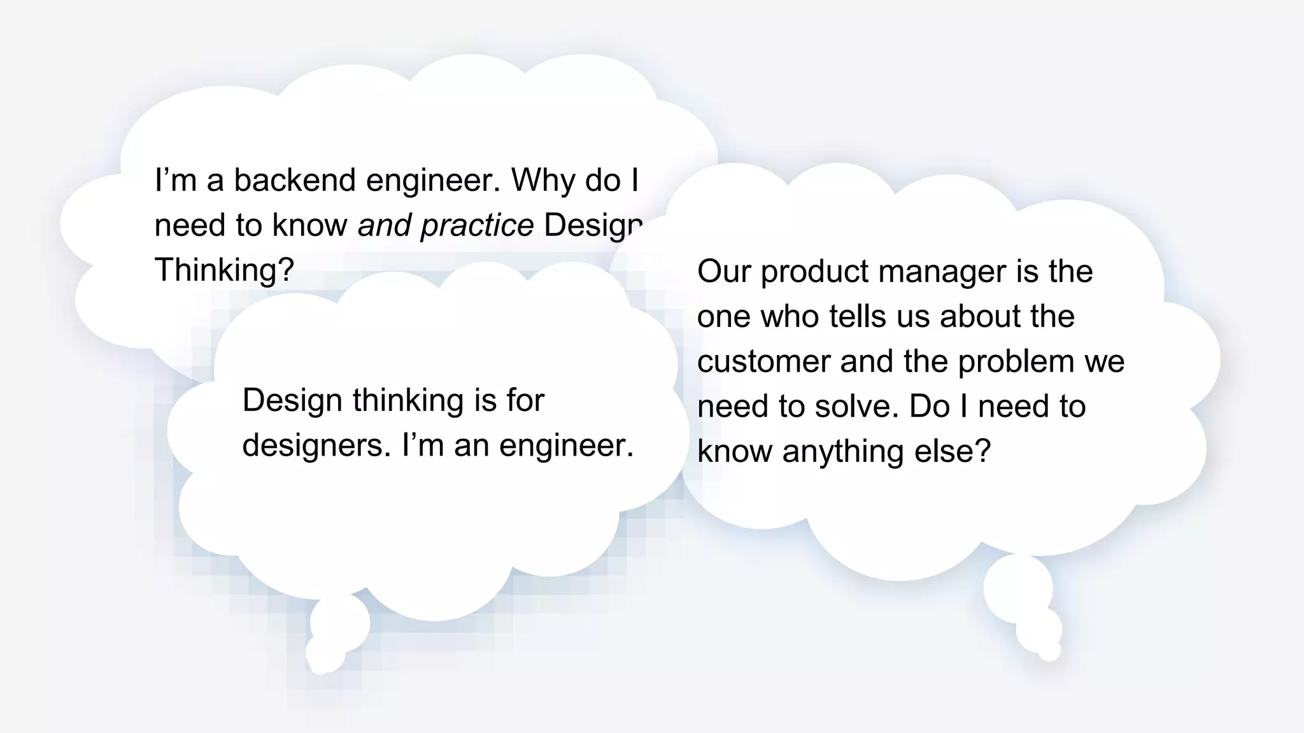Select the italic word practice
pos(477,225)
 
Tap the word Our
pos(724,272)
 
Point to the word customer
pos(763,362)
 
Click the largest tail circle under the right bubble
pos(1017,587)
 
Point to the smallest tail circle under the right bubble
pos(1049,651)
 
